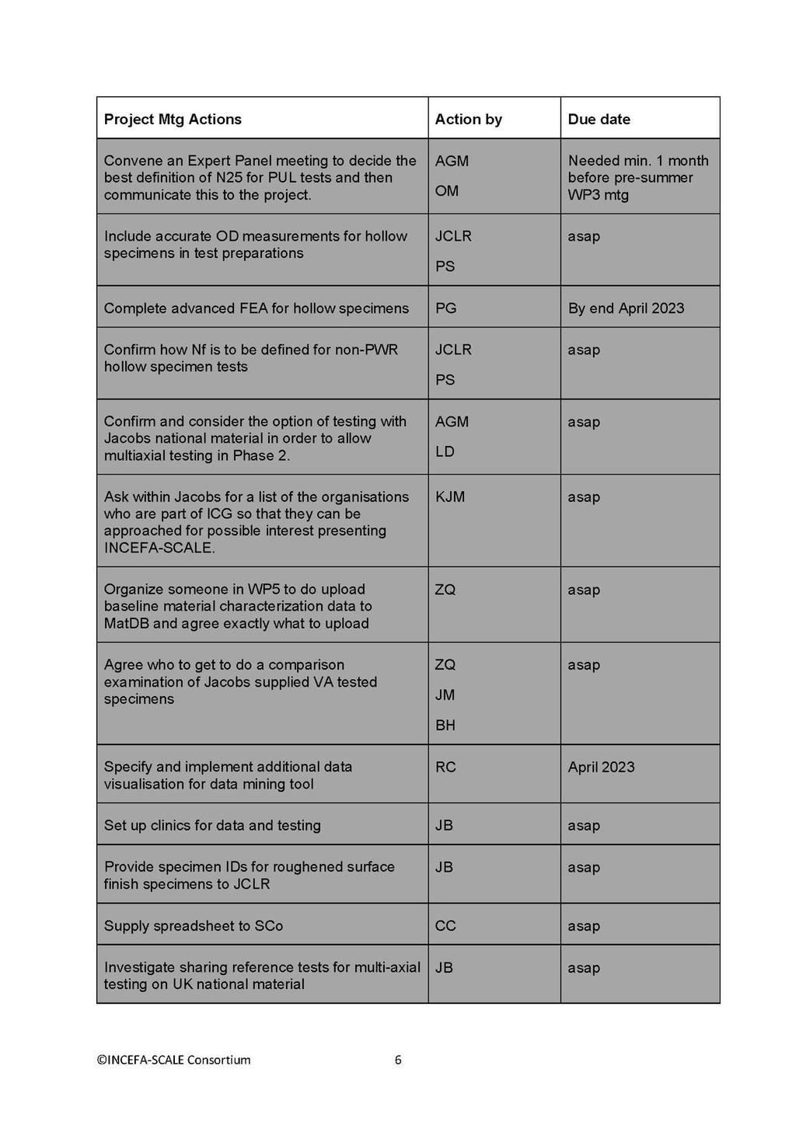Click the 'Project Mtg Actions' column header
173,119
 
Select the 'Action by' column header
468,119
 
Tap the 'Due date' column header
599,119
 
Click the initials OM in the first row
446,190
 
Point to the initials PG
445,308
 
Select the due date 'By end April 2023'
626,308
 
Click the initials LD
445,451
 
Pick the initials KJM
450,496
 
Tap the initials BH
445,725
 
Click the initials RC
445,767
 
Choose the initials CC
445,926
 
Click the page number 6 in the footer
398,1060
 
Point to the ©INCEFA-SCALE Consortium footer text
173,1060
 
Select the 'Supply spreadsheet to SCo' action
194,926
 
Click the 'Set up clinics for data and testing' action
212,825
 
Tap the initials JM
445,695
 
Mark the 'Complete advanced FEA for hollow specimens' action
257,308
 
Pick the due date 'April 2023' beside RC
601,767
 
